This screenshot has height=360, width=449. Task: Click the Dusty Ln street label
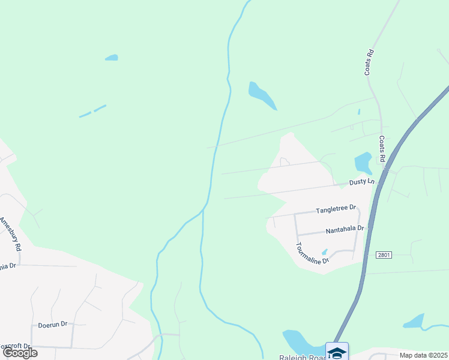click(x=362, y=181)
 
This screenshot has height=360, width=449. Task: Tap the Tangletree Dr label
click(x=336, y=209)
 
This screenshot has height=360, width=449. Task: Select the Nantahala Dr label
click(x=345, y=229)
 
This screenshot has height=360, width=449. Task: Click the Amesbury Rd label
click(x=11, y=235)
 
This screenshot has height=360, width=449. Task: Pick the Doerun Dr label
click(x=52, y=325)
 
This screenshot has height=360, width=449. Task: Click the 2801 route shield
click(x=384, y=255)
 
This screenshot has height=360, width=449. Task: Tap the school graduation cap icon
click(x=337, y=352)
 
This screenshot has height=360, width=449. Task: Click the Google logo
click(x=20, y=353)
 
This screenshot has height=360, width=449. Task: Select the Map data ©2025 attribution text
click(x=423, y=355)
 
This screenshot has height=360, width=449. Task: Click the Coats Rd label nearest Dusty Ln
click(x=382, y=148)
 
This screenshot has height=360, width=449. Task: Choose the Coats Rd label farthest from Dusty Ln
click(x=369, y=62)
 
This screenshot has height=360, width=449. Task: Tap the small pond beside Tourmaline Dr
click(x=324, y=252)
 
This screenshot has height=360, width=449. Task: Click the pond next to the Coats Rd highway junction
click(x=363, y=163)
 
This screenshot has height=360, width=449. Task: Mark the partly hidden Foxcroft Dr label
click(x=14, y=346)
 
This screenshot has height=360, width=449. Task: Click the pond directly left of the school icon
click(x=297, y=342)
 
